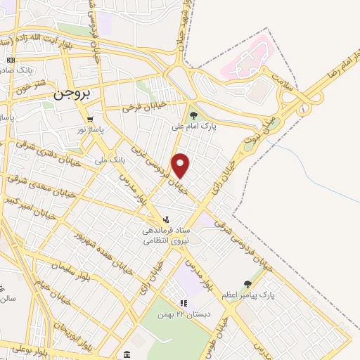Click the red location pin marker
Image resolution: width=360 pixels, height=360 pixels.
point(181,165)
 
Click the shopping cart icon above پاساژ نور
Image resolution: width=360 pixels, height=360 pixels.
point(90,120)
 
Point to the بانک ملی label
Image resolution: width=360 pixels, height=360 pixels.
point(110,160)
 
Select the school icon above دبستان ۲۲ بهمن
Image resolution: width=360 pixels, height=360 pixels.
point(184,303)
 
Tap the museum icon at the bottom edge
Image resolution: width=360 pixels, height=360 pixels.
point(126,354)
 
